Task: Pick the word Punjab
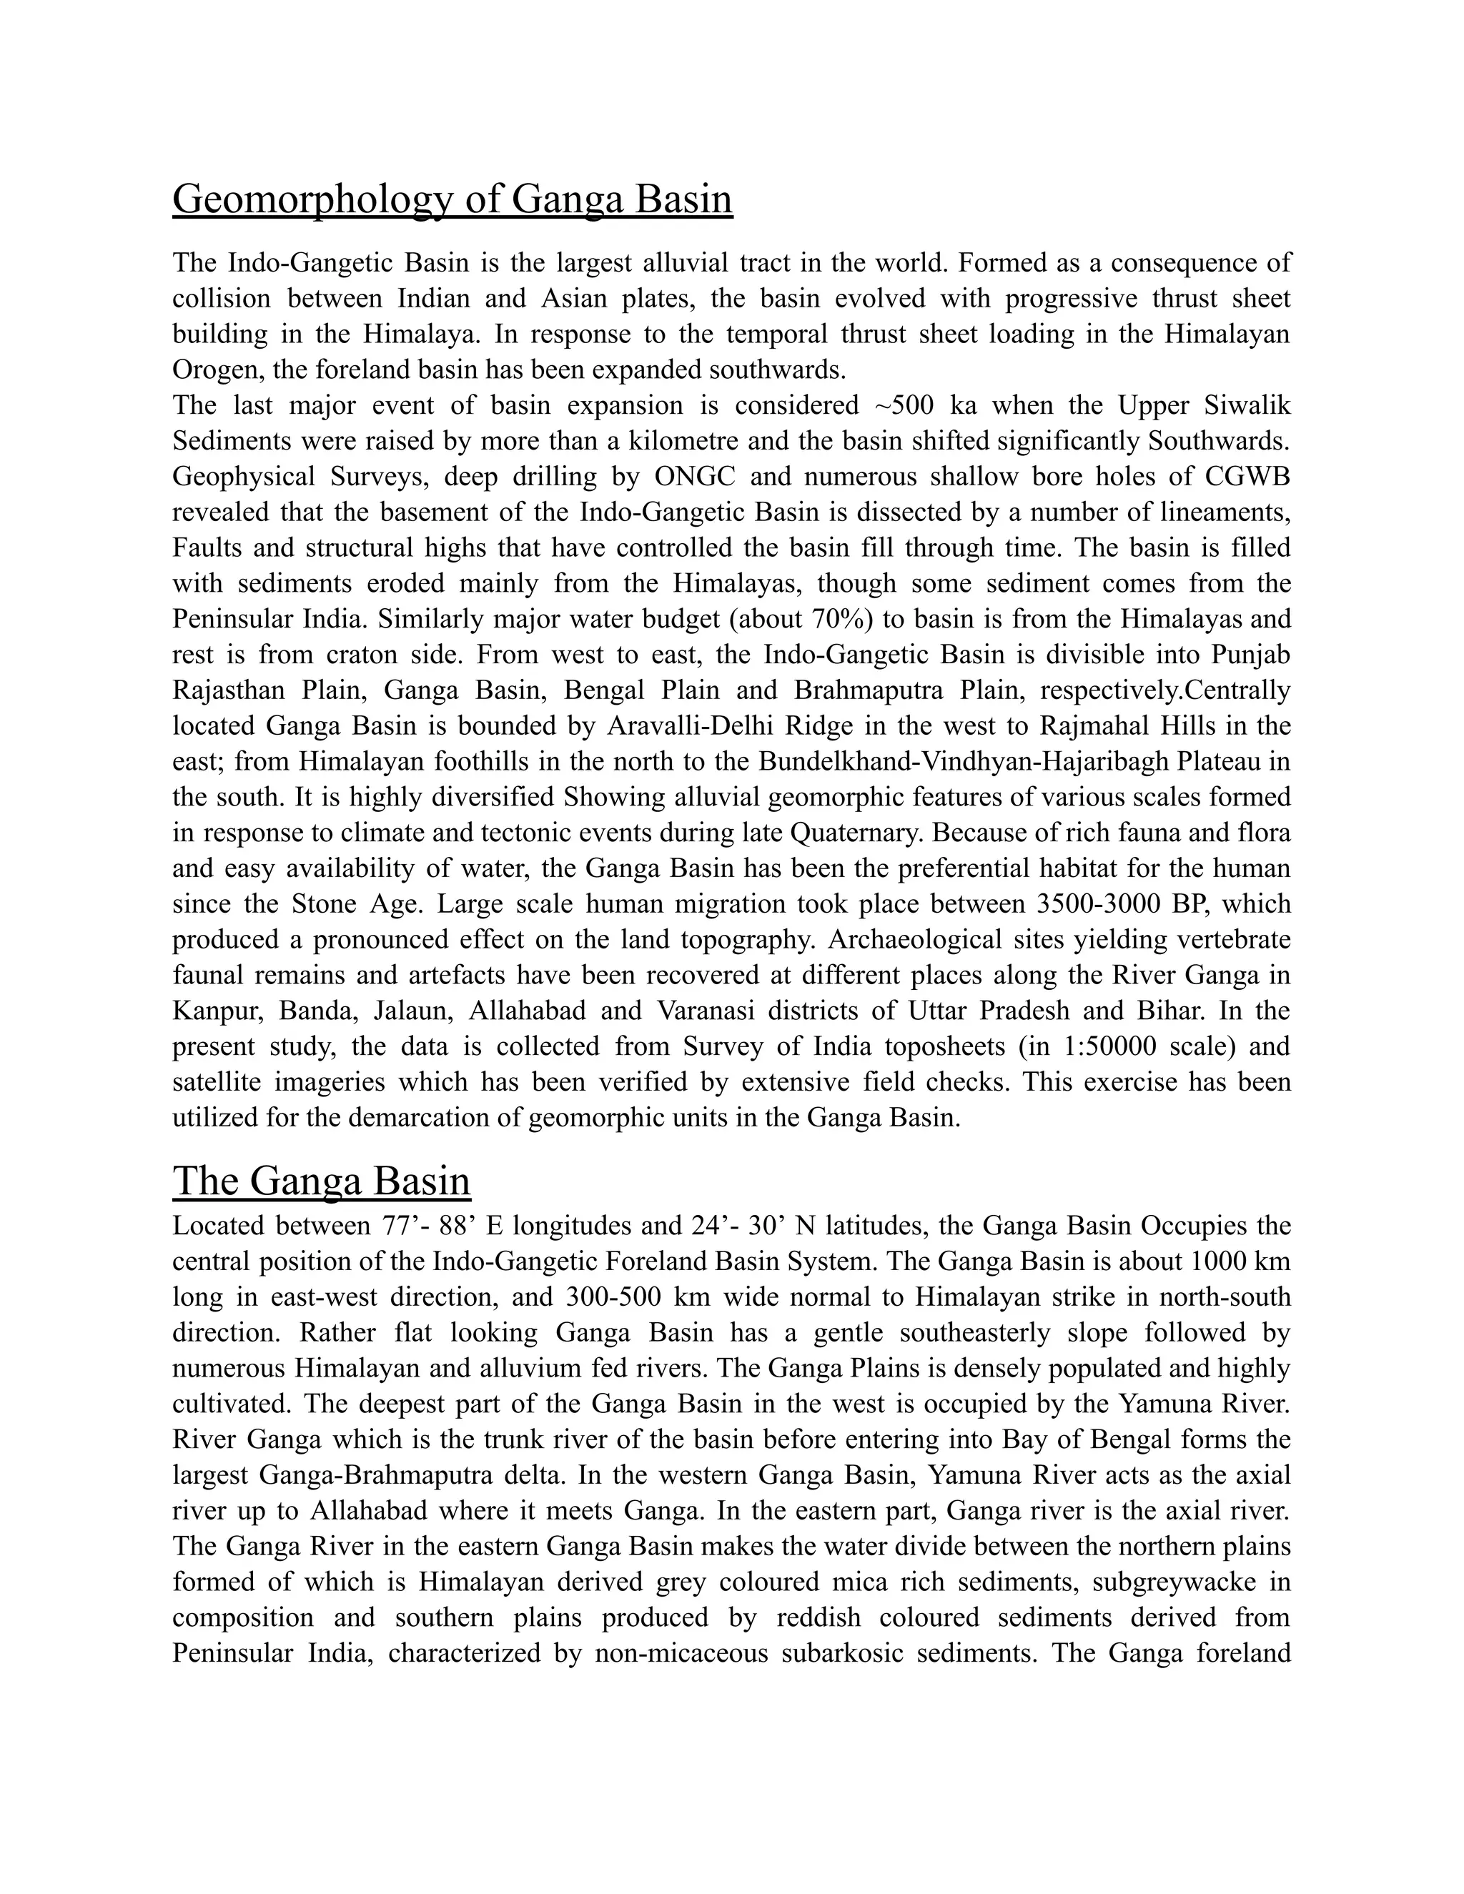tap(1251, 655)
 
